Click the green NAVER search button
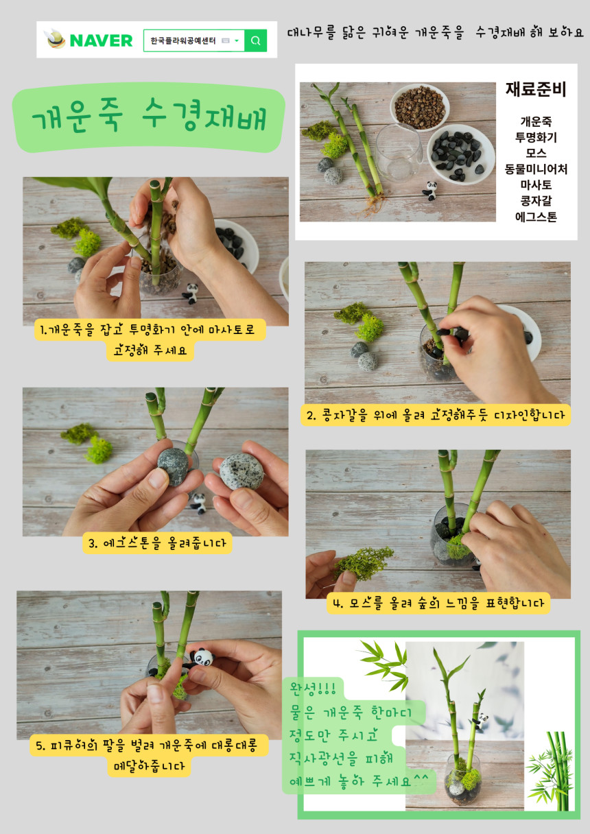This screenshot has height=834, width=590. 255,40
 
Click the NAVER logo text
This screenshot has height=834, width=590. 101,40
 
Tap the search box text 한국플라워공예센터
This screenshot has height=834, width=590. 183,40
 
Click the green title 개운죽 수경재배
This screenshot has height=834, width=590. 149,116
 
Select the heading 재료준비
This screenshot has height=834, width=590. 536,89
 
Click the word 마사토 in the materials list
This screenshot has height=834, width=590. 536,185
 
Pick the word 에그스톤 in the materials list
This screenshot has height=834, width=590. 536,217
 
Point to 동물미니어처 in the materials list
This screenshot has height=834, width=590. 536,169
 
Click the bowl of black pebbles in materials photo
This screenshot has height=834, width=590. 460,154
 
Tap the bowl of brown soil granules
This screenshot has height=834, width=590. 420,107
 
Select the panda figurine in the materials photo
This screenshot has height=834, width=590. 430,191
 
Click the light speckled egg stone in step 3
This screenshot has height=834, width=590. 241,471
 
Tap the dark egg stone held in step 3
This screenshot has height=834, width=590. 173,466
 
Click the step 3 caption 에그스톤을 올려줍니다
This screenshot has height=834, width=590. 157,543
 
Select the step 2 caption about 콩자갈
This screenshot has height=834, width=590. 436,415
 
